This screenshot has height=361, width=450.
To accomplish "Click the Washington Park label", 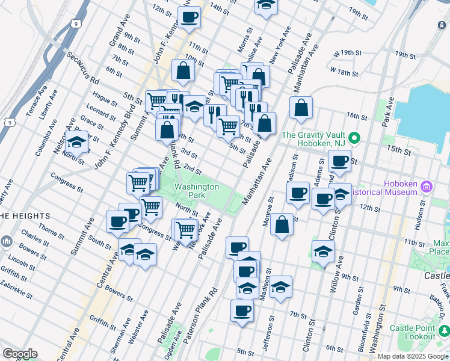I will coord(197,191).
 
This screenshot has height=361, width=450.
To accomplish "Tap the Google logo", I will coord(19,354).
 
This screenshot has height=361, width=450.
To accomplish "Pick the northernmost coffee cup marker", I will coord(190,18).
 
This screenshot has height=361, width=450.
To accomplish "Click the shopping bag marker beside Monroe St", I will coord(282,225).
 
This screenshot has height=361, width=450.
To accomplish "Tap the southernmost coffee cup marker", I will coord(242,311).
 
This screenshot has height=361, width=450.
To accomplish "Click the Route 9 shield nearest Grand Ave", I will coord(75,24).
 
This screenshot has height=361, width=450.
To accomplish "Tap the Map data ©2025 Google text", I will coord(413,356).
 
